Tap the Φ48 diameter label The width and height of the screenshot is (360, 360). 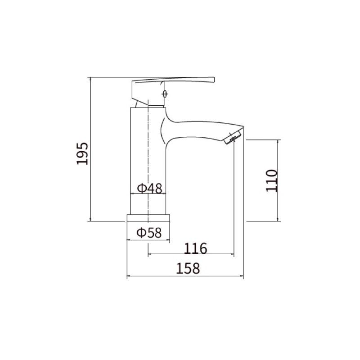tap(149, 188)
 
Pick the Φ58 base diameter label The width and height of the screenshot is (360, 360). tap(149, 233)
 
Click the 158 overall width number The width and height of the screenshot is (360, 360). tap(187, 269)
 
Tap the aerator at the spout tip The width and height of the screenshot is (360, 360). tap(233, 137)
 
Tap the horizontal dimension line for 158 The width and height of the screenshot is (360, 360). tap(185, 276)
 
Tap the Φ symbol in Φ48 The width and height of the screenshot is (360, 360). tap(141, 188)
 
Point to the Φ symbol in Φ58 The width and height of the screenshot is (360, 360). tap(141, 233)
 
